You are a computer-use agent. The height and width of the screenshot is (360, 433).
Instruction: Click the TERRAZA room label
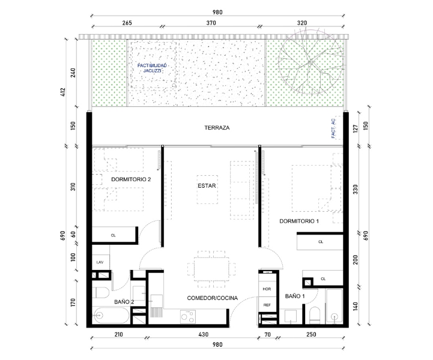click(x=217, y=128)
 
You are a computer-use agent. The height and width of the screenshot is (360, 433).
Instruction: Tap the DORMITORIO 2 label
click(x=131, y=179)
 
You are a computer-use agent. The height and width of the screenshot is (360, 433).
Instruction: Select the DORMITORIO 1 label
click(x=299, y=221)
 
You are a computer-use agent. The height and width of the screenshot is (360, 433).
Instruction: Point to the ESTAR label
click(x=207, y=186)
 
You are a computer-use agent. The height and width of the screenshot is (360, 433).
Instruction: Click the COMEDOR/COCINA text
click(x=213, y=298)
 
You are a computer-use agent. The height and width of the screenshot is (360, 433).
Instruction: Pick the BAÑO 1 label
click(x=295, y=296)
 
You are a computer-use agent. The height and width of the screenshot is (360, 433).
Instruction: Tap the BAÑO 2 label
click(x=124, y=302)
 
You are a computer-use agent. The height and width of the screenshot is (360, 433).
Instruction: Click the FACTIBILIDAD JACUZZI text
click(x=152, y=68)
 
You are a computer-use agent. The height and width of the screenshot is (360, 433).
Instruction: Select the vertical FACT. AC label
click(x=333, y=128)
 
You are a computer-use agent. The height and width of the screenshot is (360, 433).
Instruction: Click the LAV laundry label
click(x=100, y=262)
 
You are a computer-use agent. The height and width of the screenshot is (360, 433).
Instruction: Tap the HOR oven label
click(x=267, y=289)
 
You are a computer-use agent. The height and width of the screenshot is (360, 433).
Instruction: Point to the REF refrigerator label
click(x=267, y=305)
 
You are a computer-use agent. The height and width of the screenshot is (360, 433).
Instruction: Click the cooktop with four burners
click(x=188, y=317)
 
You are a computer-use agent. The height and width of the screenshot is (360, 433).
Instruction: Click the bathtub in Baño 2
click(x=111, y=316)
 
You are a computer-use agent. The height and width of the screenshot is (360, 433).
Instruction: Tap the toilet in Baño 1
click(x=315, y=316)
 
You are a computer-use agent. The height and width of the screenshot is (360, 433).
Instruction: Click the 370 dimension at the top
click(x=211, y=23)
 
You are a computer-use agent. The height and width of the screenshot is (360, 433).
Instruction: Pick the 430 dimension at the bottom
click(x=203, y=335)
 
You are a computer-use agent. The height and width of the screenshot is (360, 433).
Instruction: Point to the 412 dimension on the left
click(x=63, y=92)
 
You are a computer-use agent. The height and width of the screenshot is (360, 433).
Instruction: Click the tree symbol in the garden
click(x=310, y=62)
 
